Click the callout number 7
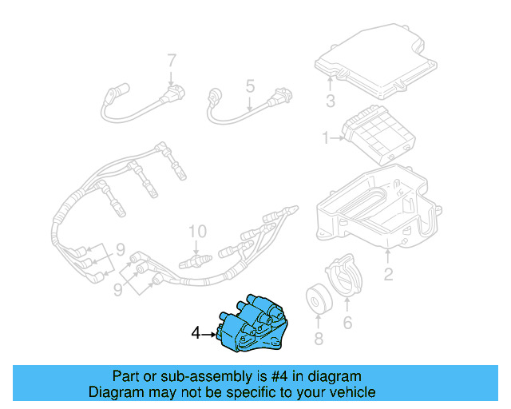click(x=170, y=61)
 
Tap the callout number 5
click(x=249, y=85)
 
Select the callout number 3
click(x=330, y=101)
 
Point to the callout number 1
click(x=326, y=138)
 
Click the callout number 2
click(x=388, y=276)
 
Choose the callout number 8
click(x=319, y=340)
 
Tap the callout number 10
click(x=196, y=232)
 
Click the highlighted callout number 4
click(x=196, y=333)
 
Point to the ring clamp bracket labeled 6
click(x=347, y=276)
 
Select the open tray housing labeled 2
click(x=379, y=208)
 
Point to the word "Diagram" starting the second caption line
click(x=116, y=392)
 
